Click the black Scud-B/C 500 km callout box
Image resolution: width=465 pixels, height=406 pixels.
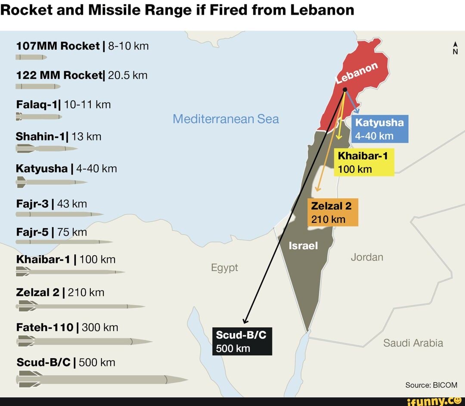[242, 341]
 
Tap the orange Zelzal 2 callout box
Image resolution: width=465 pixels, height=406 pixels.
[332, 212]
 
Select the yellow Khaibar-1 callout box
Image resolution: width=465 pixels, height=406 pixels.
[364, 162]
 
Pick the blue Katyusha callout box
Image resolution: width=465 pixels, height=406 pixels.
[379, 129]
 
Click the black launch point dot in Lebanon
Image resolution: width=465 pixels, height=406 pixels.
[345, 90]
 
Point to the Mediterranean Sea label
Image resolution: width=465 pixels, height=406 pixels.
[226, 119]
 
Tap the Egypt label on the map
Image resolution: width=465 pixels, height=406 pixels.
[224, 268]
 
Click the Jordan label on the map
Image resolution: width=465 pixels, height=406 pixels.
[367, 257]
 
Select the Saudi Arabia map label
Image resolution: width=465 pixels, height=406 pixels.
[413, 343]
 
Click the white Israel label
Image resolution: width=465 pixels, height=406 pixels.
[303, 246]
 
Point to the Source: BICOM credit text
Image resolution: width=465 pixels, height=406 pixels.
[431, 385]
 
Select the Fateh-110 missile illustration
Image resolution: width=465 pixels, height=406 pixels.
[84, 342]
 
